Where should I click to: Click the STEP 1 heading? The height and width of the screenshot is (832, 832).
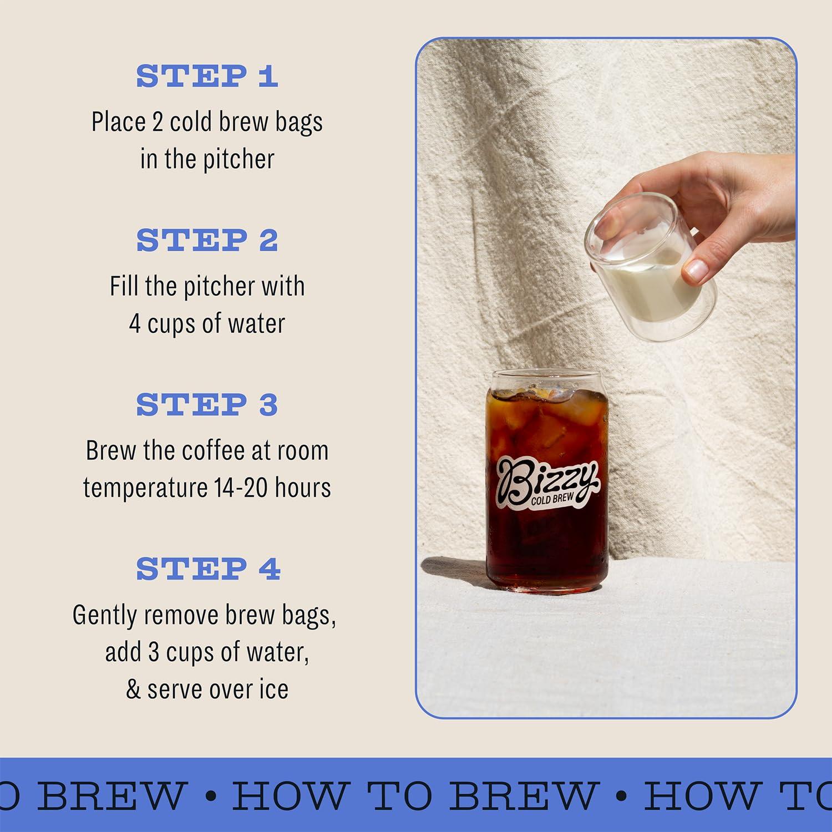pos(207,76)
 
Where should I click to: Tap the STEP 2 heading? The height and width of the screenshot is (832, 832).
pos(207,240)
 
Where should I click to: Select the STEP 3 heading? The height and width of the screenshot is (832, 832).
pos(207,404)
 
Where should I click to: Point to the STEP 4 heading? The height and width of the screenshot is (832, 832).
pos(208,569)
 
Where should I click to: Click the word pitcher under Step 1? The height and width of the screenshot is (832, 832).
pos(239,160)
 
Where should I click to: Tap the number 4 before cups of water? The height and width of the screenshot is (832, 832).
pos(135,323)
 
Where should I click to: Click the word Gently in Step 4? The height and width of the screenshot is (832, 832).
pos(104,615)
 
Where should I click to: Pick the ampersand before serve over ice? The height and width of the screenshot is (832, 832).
pos(133,689)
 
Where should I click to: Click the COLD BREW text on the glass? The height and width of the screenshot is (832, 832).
pos(552,498)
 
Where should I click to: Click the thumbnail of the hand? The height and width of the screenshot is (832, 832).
pos(697,270)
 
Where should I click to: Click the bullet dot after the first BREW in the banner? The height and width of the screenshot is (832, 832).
pos(210,796)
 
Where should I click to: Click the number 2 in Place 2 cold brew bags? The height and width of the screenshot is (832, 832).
pos(158,122)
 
